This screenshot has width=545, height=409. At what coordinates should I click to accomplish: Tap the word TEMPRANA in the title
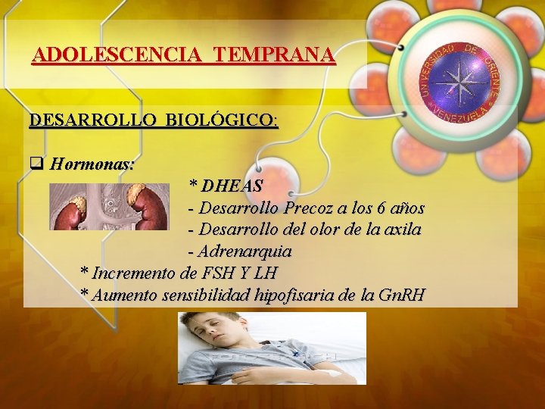point(273,55)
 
